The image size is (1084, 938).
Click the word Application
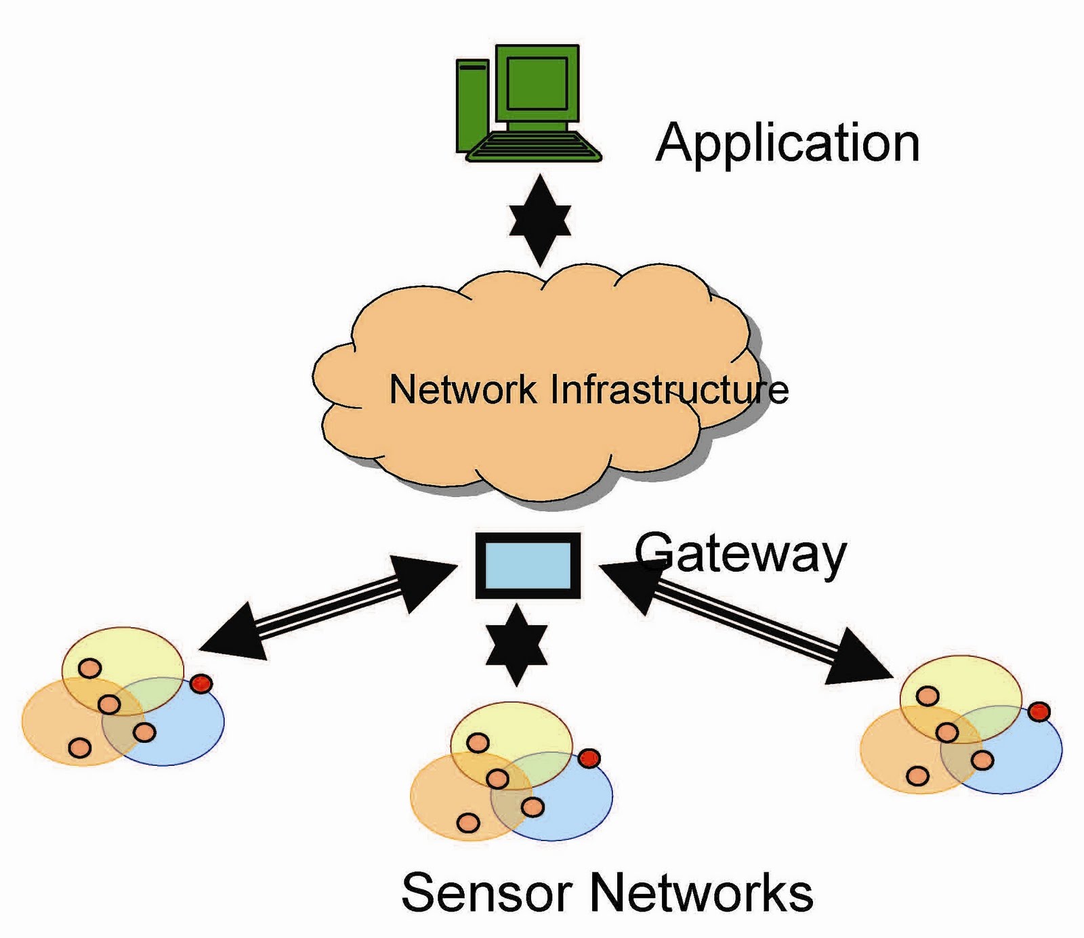coord(788,144)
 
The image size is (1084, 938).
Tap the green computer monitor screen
coord(537,83)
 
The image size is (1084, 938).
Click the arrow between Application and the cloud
coord(540,221)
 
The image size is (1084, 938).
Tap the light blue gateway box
coord(528,566)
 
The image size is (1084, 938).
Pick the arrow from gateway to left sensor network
coord(329,607)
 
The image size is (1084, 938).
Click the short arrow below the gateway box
coord(516,645)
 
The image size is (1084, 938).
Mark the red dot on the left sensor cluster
coord(201,683)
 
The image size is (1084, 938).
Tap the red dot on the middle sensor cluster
coord(589,758)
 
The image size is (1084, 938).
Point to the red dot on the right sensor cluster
coord(1039,712)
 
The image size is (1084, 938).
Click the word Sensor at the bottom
coord(488,892)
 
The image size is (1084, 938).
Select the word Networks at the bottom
coord(702,892)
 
